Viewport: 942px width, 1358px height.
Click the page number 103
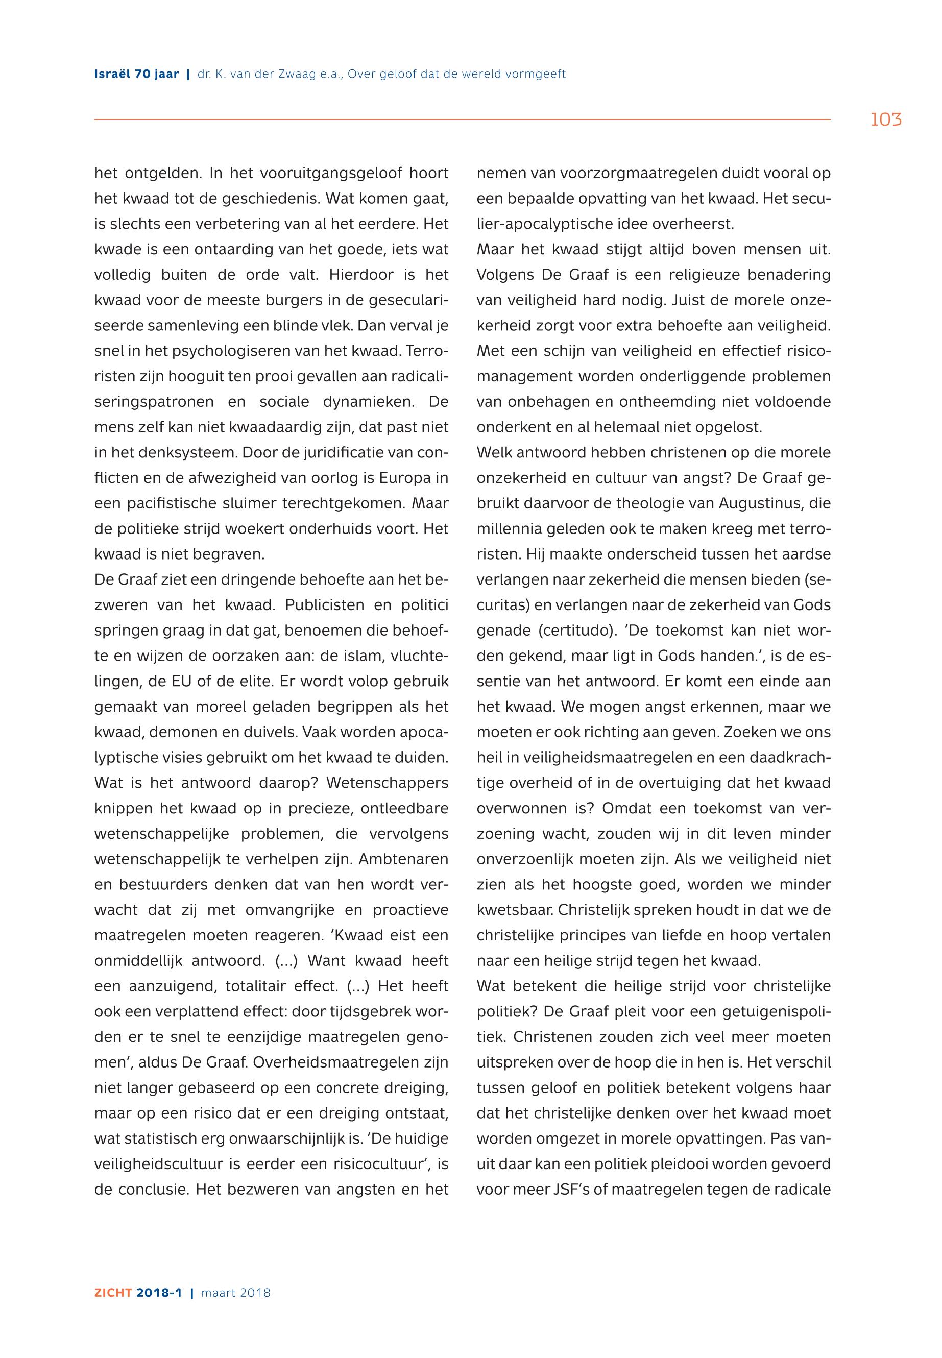[885, 120]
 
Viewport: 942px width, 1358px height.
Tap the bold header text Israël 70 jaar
[136, 75]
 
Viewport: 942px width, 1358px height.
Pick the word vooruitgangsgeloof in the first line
[329, 174]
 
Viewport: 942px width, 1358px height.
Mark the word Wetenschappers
[387, 783]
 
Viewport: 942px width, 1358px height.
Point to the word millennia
[508, 529]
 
